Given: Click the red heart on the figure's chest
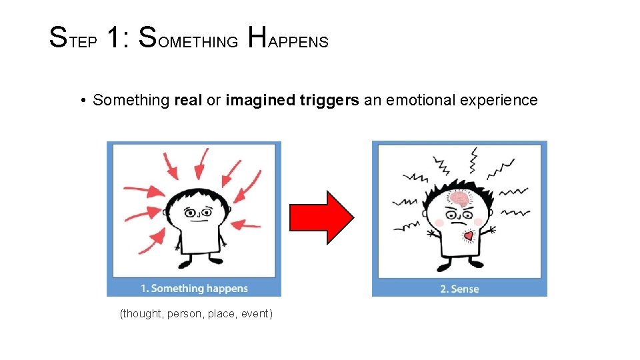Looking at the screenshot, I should click(x=469, y=236).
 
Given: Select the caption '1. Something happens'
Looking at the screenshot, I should click(x=194, y=289).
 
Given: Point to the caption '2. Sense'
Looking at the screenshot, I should click(x=459, y=289).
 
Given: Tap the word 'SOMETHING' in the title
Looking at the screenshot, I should click(x=189, y=39).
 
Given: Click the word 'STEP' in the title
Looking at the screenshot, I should click(x=74, y=39).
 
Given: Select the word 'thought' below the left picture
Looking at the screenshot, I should click(x=142, y=313).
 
